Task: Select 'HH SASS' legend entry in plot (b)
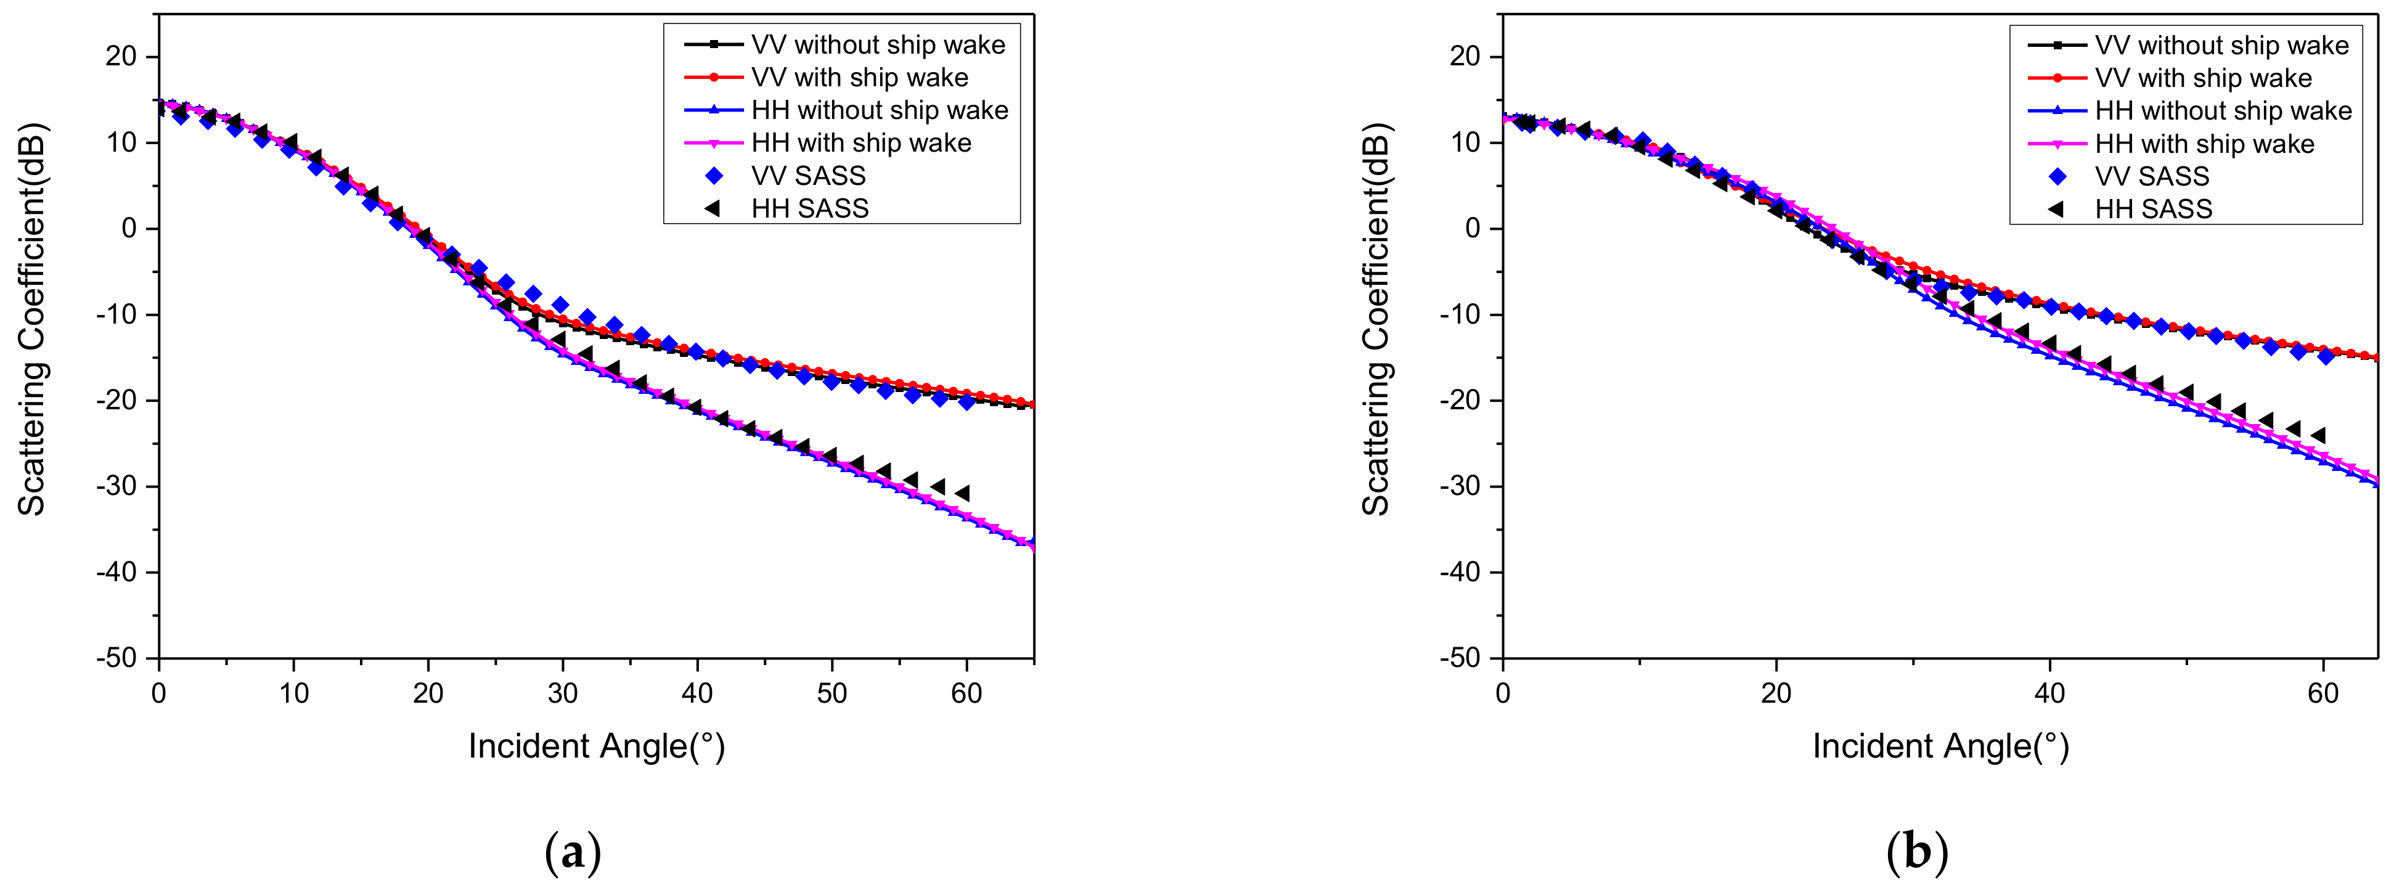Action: pos(2152,209)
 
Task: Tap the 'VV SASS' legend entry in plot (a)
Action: pos(807,176)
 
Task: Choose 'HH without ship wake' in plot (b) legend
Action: pos(2222,110)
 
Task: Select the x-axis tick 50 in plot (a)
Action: pos(831,693)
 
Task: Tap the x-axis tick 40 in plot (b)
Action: pos(2049,693)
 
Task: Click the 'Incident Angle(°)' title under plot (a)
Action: pos(595,746)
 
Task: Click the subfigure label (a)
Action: pos(573,851)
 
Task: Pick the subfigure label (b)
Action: pos(1916,851)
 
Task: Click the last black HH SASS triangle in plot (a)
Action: pos(964,494)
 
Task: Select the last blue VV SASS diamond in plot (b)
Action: pos(2325,355)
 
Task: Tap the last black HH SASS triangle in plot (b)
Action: pos(2319,435)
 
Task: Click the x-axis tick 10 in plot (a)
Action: pos(293,693)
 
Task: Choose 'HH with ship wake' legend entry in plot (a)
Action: pos(860,143)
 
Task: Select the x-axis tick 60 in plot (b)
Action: pos(2323,693)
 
